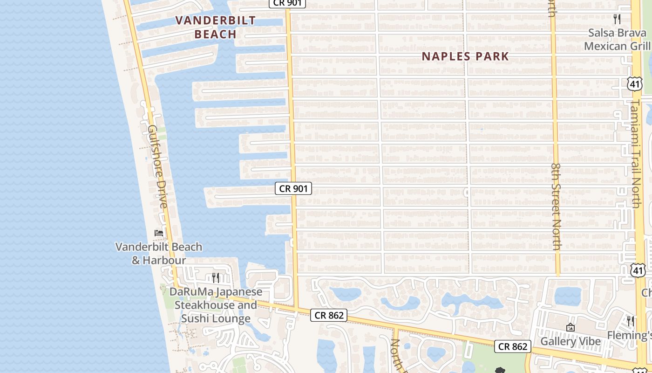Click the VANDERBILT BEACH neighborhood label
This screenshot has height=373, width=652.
coord(216,27)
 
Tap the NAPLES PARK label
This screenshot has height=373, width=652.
coord(465,56)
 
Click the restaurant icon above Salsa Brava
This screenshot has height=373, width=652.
coord(617,19)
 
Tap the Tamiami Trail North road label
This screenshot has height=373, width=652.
coord(637,154)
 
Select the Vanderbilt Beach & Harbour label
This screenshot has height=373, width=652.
coord(159,253)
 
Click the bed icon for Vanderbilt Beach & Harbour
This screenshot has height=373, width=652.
coord(159,233)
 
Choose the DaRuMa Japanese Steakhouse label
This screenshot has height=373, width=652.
coord(216,305)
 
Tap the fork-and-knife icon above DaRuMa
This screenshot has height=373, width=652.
coord(216,278)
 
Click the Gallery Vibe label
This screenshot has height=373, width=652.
coord(570,341)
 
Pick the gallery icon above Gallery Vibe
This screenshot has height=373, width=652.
coord(570,327)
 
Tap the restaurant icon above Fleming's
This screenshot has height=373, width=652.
coord(630,321)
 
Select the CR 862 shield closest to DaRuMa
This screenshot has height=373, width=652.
coord(329,315)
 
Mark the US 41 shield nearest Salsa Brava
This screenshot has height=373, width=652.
coord(634,84)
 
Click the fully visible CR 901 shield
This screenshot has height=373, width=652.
coord(293,188)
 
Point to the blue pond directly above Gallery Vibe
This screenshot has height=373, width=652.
coord(568,295)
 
